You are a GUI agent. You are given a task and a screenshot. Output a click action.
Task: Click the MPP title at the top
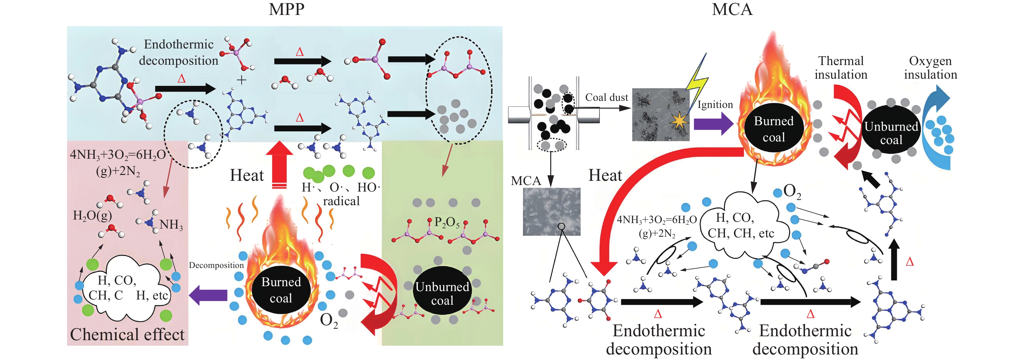coord(286,9)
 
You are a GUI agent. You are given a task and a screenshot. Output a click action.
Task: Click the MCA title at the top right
coord(732,9)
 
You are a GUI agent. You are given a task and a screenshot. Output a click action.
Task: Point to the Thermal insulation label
coord(840,68)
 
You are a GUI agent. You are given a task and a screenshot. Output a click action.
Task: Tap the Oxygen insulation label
coord(930,68)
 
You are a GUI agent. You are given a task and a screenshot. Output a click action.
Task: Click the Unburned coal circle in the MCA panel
coord(891,133)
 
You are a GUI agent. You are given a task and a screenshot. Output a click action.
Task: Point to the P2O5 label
coord(446,222)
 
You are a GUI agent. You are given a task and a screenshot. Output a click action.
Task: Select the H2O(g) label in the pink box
coord(92,216)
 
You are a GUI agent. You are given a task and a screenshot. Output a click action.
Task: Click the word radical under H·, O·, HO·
coord(341,201)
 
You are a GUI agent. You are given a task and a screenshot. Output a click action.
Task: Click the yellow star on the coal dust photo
coord(679,121)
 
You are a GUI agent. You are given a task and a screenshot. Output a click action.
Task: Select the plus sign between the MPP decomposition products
coord(241,80)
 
